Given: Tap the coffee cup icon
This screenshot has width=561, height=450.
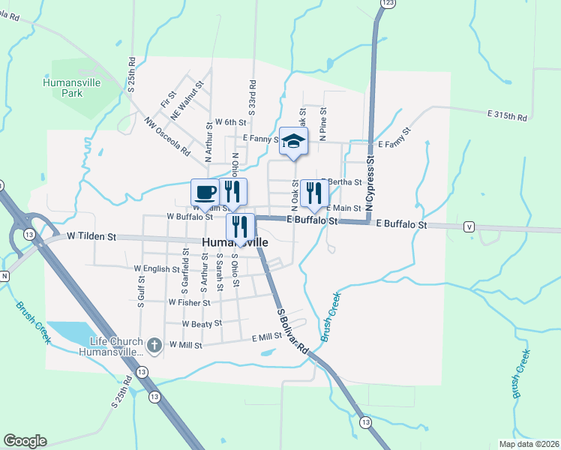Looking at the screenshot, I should [x=204, y=192].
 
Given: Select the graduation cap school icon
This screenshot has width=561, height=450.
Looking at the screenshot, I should [x=293, y=141].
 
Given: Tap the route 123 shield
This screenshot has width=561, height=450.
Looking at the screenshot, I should [x=387, y=4].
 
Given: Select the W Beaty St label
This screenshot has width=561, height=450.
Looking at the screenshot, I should [x=202, y=323].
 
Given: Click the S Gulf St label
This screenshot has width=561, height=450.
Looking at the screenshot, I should [x=140, y=292].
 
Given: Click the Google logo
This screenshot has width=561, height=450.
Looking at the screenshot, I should [x=24, y=441].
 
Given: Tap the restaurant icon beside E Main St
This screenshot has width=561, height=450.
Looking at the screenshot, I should [x=313, y=193].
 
